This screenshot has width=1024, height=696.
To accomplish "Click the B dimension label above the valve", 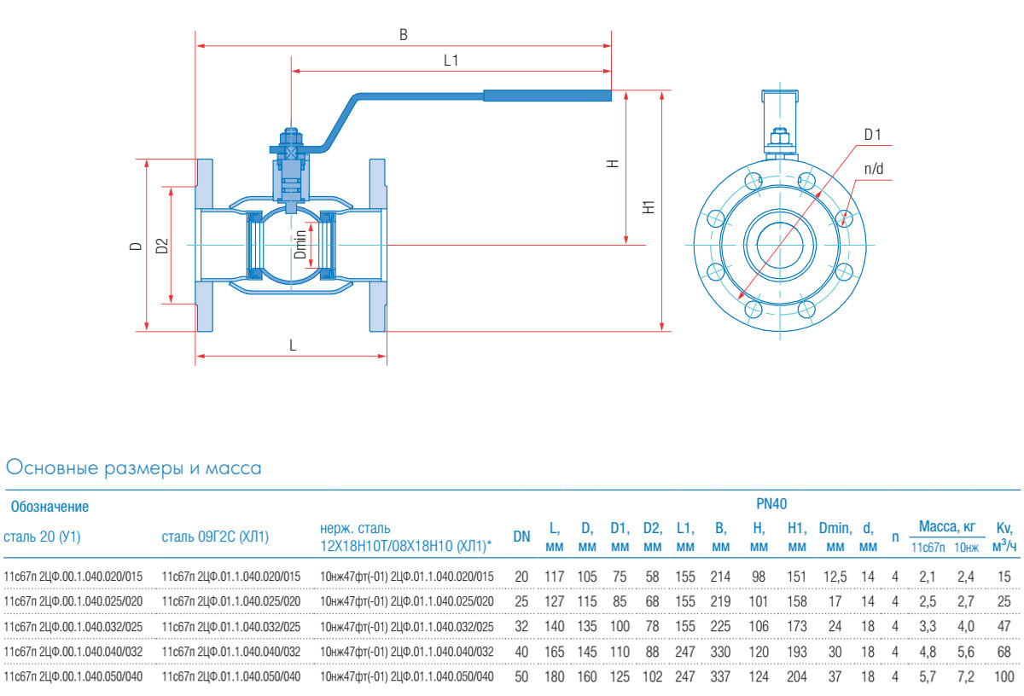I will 404,35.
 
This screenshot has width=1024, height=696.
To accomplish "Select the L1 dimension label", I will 451,61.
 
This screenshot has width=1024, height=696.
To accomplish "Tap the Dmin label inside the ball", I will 300,245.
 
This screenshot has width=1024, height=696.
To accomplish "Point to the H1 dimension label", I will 649,207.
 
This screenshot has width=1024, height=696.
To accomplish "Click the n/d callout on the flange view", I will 874,169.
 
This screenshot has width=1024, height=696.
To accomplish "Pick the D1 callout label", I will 872,134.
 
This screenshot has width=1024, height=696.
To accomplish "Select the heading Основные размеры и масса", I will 133,468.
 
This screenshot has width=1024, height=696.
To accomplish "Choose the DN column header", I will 521,536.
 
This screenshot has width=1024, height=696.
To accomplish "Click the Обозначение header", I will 49,507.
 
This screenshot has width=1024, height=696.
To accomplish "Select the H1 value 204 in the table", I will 796,676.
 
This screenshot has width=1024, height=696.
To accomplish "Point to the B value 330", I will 720,652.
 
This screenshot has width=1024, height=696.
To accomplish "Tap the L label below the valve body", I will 293,345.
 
